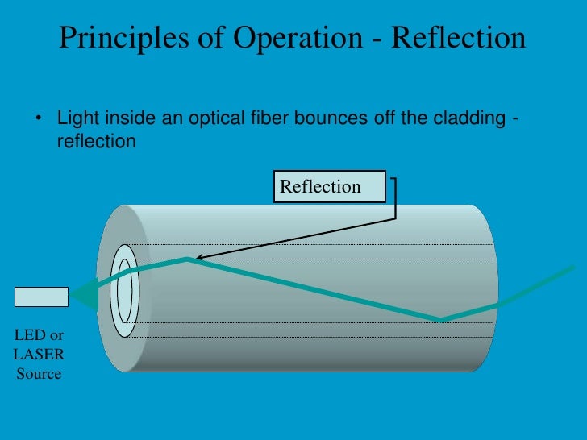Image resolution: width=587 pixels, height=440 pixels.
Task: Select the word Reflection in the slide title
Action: pos(460,38)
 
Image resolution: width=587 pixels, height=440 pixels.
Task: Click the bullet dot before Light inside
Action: pos(37,121)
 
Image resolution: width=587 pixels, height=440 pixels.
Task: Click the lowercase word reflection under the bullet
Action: pos(95,141)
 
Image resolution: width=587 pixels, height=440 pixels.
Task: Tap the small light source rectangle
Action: pos(41,297)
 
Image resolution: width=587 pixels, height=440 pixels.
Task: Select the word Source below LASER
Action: pos(39,373)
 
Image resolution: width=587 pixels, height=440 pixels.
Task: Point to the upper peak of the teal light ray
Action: pos(188,259)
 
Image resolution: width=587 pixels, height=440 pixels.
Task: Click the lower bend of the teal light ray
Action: pos(441,320)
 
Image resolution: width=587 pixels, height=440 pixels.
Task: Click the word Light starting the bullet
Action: pos(76,120)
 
